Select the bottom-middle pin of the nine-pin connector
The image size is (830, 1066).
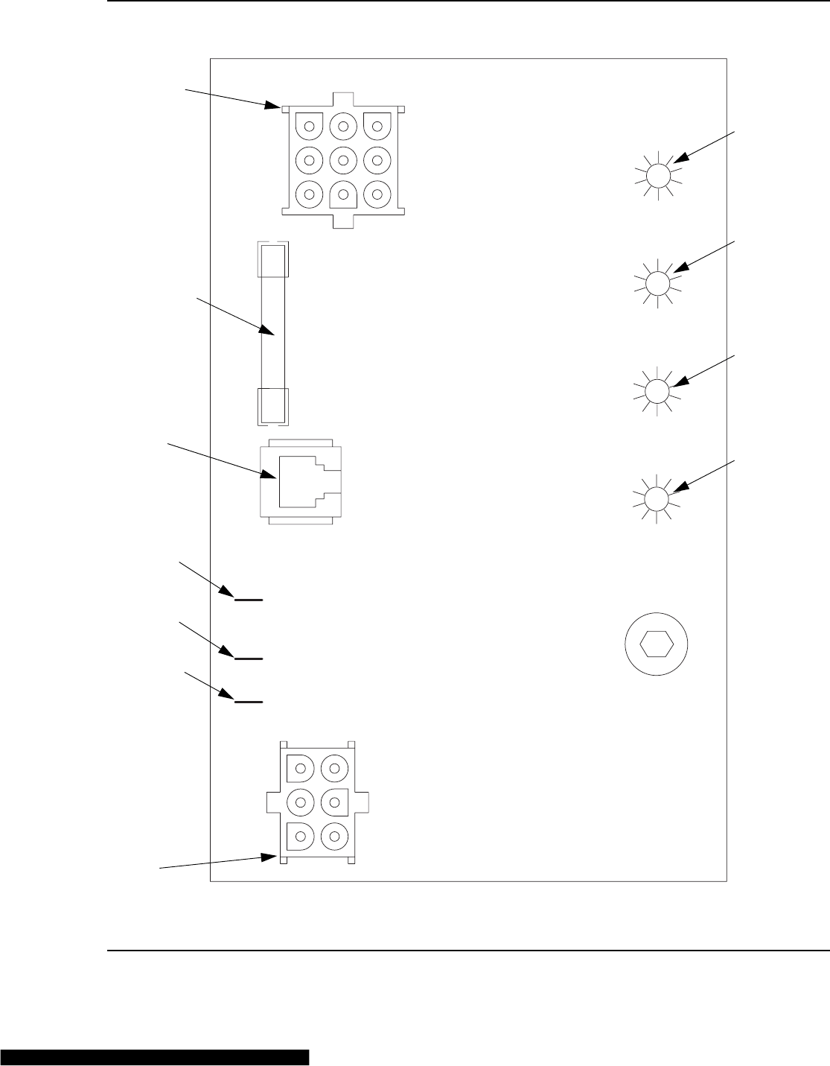(x=343, y=194)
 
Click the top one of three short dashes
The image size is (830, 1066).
(x=249, y=599)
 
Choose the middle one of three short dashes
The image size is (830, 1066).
(x=249, y=659)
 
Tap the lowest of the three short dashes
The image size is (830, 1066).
(x=249, y=702)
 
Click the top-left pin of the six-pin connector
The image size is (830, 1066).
(x=301, y=765)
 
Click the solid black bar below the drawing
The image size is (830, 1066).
(x=154, y=1058)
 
